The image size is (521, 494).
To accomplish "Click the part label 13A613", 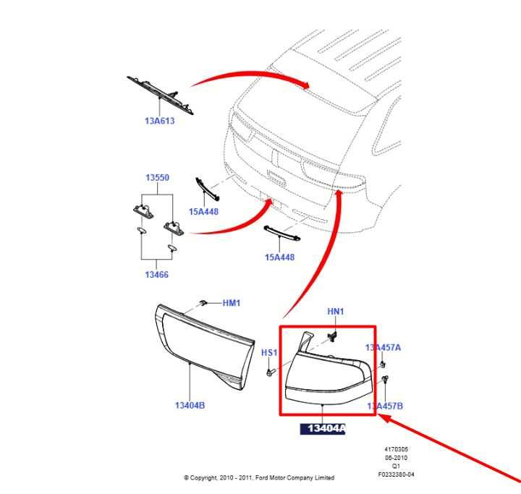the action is point(159,121).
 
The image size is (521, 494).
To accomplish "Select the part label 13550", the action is point(158,177).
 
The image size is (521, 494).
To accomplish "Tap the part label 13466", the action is point(156,275).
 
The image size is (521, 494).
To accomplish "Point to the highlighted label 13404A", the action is point(323,429).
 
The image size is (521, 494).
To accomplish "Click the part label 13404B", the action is point(190,405).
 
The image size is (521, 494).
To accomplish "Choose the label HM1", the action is point(232,303).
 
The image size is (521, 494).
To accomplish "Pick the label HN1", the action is point(336,312).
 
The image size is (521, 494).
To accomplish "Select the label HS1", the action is point(269,353).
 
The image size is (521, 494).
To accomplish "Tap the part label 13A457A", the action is point(383,347).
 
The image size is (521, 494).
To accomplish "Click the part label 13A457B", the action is point(385,406).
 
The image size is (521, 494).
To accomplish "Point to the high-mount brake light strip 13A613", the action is point(160,95).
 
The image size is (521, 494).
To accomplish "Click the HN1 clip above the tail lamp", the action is point(333,336).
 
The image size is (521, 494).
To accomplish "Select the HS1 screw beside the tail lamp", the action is point(271,372).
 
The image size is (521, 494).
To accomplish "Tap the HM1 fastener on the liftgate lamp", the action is point(203,302).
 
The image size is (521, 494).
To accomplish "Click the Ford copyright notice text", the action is point(259,477).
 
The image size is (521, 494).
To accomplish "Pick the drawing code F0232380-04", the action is point(396,474).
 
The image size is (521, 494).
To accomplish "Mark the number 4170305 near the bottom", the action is point(396,449).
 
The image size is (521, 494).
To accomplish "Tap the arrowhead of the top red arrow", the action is point(305,85).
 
